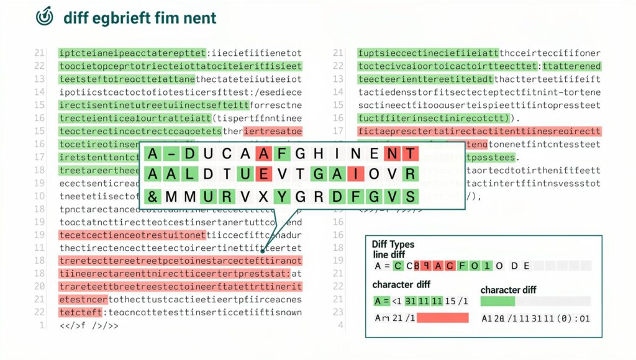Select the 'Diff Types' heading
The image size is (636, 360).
click(393, 245)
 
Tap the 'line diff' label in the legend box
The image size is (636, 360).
click(389, 254)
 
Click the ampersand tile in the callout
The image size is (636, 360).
click(152, 197)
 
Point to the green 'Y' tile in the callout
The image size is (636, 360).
click(284, 197)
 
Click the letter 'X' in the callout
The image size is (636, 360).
click(263, 197)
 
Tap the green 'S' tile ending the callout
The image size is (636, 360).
click(408, 197)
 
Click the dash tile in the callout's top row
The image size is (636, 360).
click(169, 153)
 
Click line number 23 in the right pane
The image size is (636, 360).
click(338, 312)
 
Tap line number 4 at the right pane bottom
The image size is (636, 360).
click(340, 325)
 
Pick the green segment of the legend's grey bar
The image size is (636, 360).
click(497, 301)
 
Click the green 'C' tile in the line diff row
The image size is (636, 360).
click(396, 266)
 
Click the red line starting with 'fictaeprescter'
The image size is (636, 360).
click(479, 131)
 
